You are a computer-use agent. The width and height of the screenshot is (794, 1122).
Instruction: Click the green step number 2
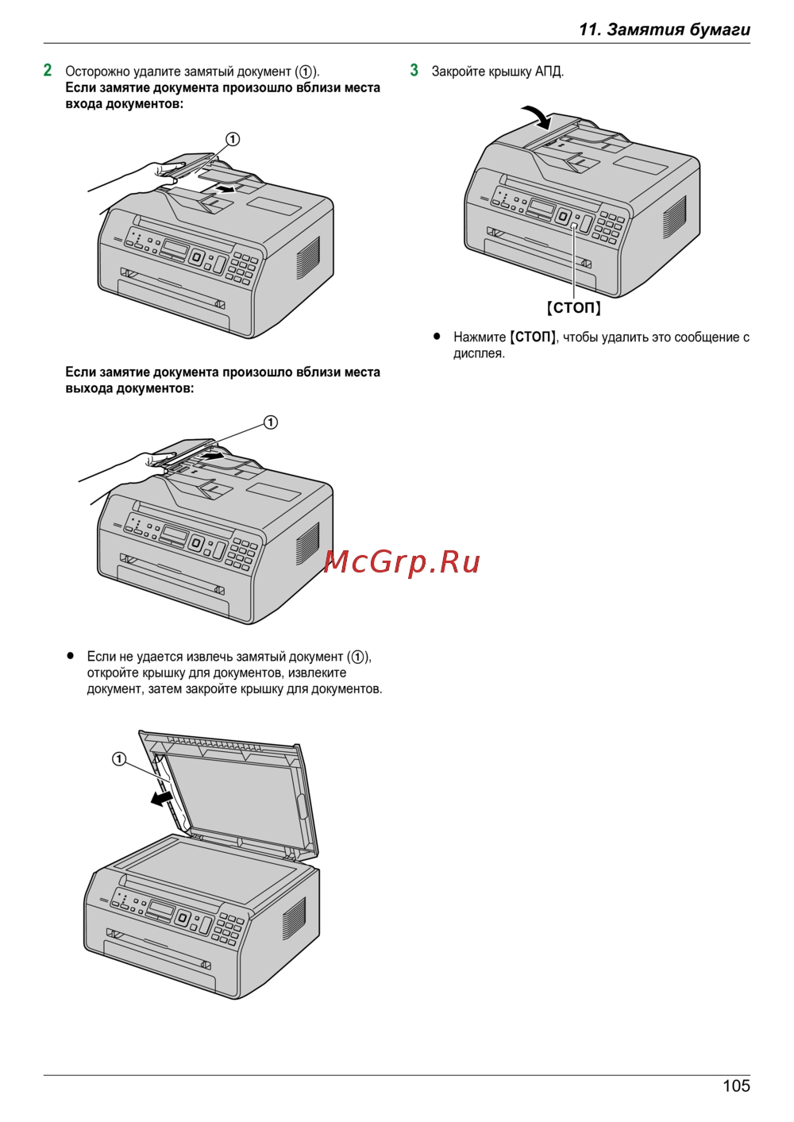(48, 70)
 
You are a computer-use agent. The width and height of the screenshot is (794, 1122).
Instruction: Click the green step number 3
(414, 70)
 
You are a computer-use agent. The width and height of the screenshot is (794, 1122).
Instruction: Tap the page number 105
(736, 1086)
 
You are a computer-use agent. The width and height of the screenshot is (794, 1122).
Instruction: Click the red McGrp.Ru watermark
(402, 562)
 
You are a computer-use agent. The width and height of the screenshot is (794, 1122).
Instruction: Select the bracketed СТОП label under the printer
(573, 307)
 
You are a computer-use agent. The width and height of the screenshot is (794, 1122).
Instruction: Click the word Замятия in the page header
(646, 29)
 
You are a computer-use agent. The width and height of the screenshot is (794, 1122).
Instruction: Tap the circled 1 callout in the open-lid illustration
(119, 760)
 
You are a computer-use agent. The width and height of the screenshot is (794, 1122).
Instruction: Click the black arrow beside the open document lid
(164, 798)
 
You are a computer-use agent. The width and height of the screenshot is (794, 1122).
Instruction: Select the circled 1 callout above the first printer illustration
(233, 139)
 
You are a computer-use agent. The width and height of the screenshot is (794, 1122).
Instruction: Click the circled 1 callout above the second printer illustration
(271, 422)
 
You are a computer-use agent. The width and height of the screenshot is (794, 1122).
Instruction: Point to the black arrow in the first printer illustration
(225, 189)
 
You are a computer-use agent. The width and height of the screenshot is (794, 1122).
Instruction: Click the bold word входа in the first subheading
(84, 104)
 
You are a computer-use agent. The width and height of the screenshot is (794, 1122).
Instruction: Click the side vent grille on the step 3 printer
(674, 218)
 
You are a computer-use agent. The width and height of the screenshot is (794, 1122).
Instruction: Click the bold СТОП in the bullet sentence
(533, 337)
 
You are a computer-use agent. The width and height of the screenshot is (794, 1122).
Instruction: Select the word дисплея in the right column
(479, 353)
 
